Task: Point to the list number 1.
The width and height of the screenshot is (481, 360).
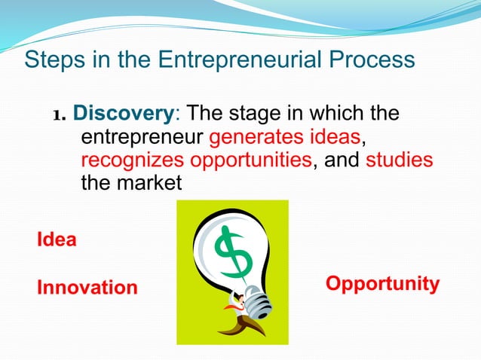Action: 60,116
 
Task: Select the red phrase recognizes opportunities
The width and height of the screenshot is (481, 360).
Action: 195,160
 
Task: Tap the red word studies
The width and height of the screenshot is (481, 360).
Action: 399,160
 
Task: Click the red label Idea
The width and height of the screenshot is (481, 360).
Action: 57,240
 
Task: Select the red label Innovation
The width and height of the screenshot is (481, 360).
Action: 87,288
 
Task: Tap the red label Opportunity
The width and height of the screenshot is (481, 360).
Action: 382,284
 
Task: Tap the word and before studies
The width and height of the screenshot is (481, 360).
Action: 341,160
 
